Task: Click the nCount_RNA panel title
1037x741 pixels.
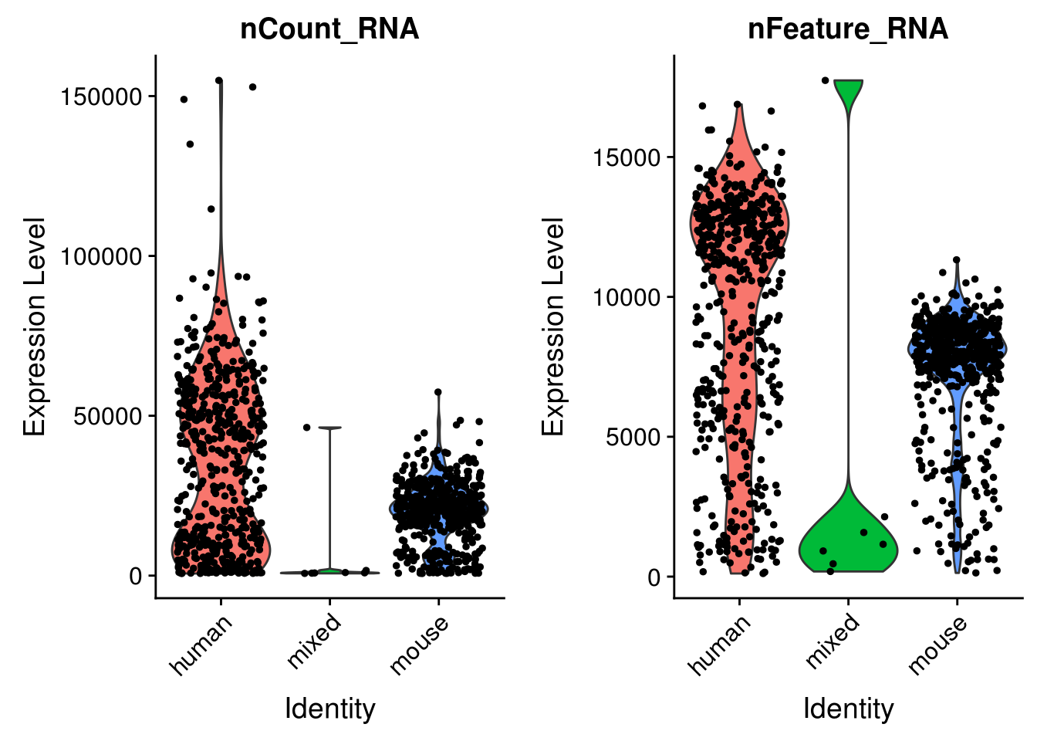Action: (x=329, y=29)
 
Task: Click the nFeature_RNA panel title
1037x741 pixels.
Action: (x=848, y=29)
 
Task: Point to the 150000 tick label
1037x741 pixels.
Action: (x=102, y=96)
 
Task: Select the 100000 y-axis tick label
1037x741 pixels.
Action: (x=102, y=256)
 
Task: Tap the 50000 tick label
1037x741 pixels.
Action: (x=108, y=416)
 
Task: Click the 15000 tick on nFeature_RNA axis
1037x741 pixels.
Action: (x=627, y=157)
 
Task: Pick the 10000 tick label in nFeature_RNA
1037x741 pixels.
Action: (x=627, y=297)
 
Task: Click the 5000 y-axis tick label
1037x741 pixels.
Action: (x=633, y=437)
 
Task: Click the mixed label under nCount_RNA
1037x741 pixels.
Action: (x=313, y=641)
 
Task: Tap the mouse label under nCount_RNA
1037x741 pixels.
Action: (x=419, y=645)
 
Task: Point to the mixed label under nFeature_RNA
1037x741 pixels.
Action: (x=832, y=641)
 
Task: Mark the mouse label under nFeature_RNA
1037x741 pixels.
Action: (x=937, y=645)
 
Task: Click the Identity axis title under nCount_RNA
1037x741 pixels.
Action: (x=329, y=709)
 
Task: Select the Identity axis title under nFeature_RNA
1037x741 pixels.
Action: (x=848, y=709)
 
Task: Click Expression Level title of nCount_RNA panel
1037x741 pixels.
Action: (x=35, y=326)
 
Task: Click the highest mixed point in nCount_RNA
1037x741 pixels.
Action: (x=306, y=427)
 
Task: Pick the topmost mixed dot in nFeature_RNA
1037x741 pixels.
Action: (x=825, y=80)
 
